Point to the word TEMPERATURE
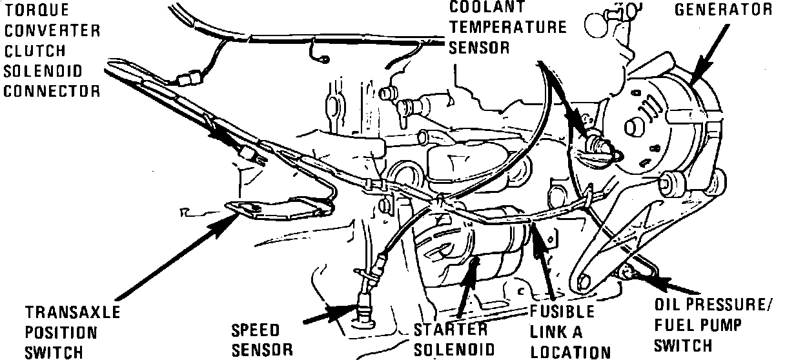pyautogui.click(x=508, y=27)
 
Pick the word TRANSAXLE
pyautogui.click(x=72, y=313)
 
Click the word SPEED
pyautogui.click(x=256, y=330)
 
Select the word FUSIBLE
pyautogui.click(x=562, y=312)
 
